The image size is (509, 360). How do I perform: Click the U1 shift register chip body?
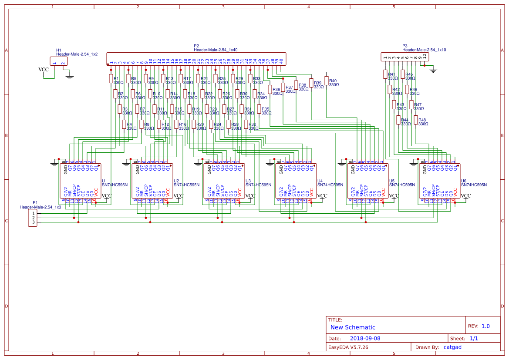[81, 181]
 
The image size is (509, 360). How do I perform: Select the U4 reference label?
[320, 181]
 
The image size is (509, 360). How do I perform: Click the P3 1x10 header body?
[405, 57]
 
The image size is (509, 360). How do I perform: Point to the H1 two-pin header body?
[59, 62]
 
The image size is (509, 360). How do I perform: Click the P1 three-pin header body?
[33, 218]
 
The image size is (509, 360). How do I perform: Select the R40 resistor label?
[333, 81]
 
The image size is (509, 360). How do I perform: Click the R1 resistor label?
[116, 78]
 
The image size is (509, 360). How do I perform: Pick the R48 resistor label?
[422, 120]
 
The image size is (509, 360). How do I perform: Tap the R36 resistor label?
[276, 89]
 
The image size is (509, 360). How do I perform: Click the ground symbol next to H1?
[69, 77]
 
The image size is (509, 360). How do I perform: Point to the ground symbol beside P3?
[433, 70]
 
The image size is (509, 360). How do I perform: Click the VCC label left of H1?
[44, 70]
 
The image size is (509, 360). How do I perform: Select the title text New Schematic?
[353, 327]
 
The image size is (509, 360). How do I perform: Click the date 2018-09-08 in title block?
[365, 338]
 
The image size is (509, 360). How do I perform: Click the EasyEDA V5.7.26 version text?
[348, 347]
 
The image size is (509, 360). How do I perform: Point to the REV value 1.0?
[485, 326]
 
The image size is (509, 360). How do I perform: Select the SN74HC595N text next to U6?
[475, 185]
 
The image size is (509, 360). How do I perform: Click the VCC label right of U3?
[250, 196]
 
